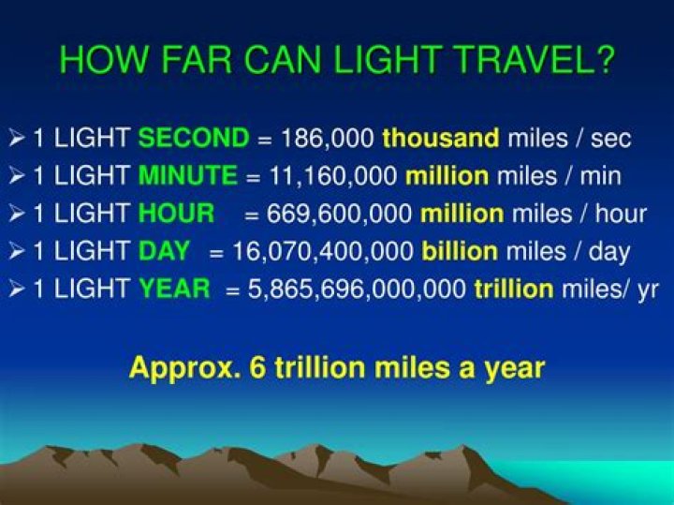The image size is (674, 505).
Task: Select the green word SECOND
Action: click(x=194, y=138)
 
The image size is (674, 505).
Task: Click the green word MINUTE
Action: click(x=188, y=175)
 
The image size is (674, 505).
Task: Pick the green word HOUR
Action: click(x=176, y=213)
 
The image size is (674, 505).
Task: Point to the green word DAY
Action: click(x=164, y=250)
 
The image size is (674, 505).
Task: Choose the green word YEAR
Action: click(x=174, y=288)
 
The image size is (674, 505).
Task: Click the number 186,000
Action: click(x=328, y=139)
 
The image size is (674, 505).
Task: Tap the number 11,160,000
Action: click(x=333, y=176)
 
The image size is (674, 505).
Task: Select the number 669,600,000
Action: click(x=339, y=214)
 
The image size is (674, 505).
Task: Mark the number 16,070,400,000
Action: click(x=323, y=251)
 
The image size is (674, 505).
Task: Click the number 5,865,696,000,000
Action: click(x=357, y=289)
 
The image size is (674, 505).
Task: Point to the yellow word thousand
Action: click(x=441, y=138)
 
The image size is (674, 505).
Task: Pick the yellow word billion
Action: click(x=460, y=250)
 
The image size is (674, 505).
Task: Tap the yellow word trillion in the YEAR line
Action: click(x=514, y=288)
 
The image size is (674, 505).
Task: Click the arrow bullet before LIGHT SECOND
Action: click(x=16, y=139)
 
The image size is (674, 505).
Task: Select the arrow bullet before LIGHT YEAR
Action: click(x=16, y=289)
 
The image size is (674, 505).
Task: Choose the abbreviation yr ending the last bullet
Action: click(x=648, y=290)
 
